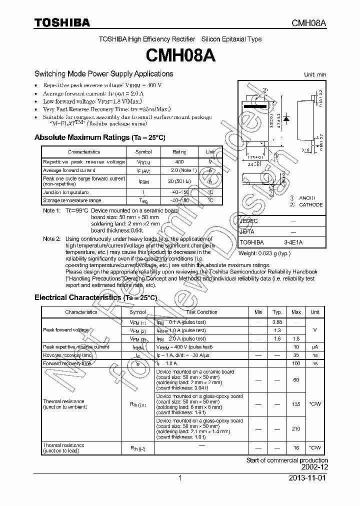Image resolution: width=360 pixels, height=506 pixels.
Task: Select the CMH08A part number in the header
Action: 309,23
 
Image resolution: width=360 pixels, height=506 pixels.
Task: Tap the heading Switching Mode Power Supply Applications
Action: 103,73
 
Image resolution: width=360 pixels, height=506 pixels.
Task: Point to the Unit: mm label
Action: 315,74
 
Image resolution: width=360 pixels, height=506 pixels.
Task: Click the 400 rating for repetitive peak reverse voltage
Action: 179,162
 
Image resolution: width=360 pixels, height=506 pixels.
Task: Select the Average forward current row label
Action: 69,170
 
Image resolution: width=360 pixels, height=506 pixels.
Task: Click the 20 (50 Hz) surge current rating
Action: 179,181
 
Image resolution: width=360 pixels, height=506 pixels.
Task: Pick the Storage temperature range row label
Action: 72,200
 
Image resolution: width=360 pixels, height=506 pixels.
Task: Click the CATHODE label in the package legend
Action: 310,204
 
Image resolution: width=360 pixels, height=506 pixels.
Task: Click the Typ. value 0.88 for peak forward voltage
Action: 277,322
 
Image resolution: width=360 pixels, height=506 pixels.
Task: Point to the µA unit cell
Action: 314,346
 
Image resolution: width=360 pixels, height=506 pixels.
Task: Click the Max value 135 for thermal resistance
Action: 296,404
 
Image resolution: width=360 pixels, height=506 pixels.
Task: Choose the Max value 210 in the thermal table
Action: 296,428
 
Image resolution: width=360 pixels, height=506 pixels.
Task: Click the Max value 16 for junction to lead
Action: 296,448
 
